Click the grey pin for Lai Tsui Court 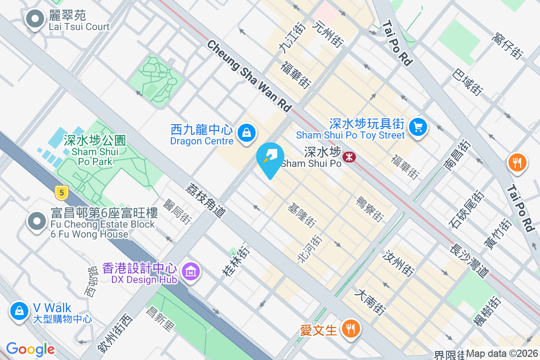click(x=35, y=19)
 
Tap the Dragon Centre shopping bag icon click(x=246, y=133)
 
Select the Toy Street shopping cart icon click(x=418, y=127)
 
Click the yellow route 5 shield click(x=61, y=193)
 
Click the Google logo click(x=30, y=349)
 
